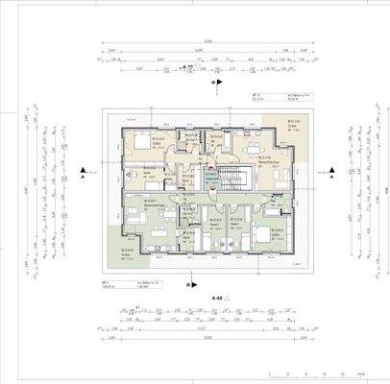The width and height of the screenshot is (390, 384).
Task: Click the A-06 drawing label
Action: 217,300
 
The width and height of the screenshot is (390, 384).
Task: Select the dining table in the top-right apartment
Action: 254,149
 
